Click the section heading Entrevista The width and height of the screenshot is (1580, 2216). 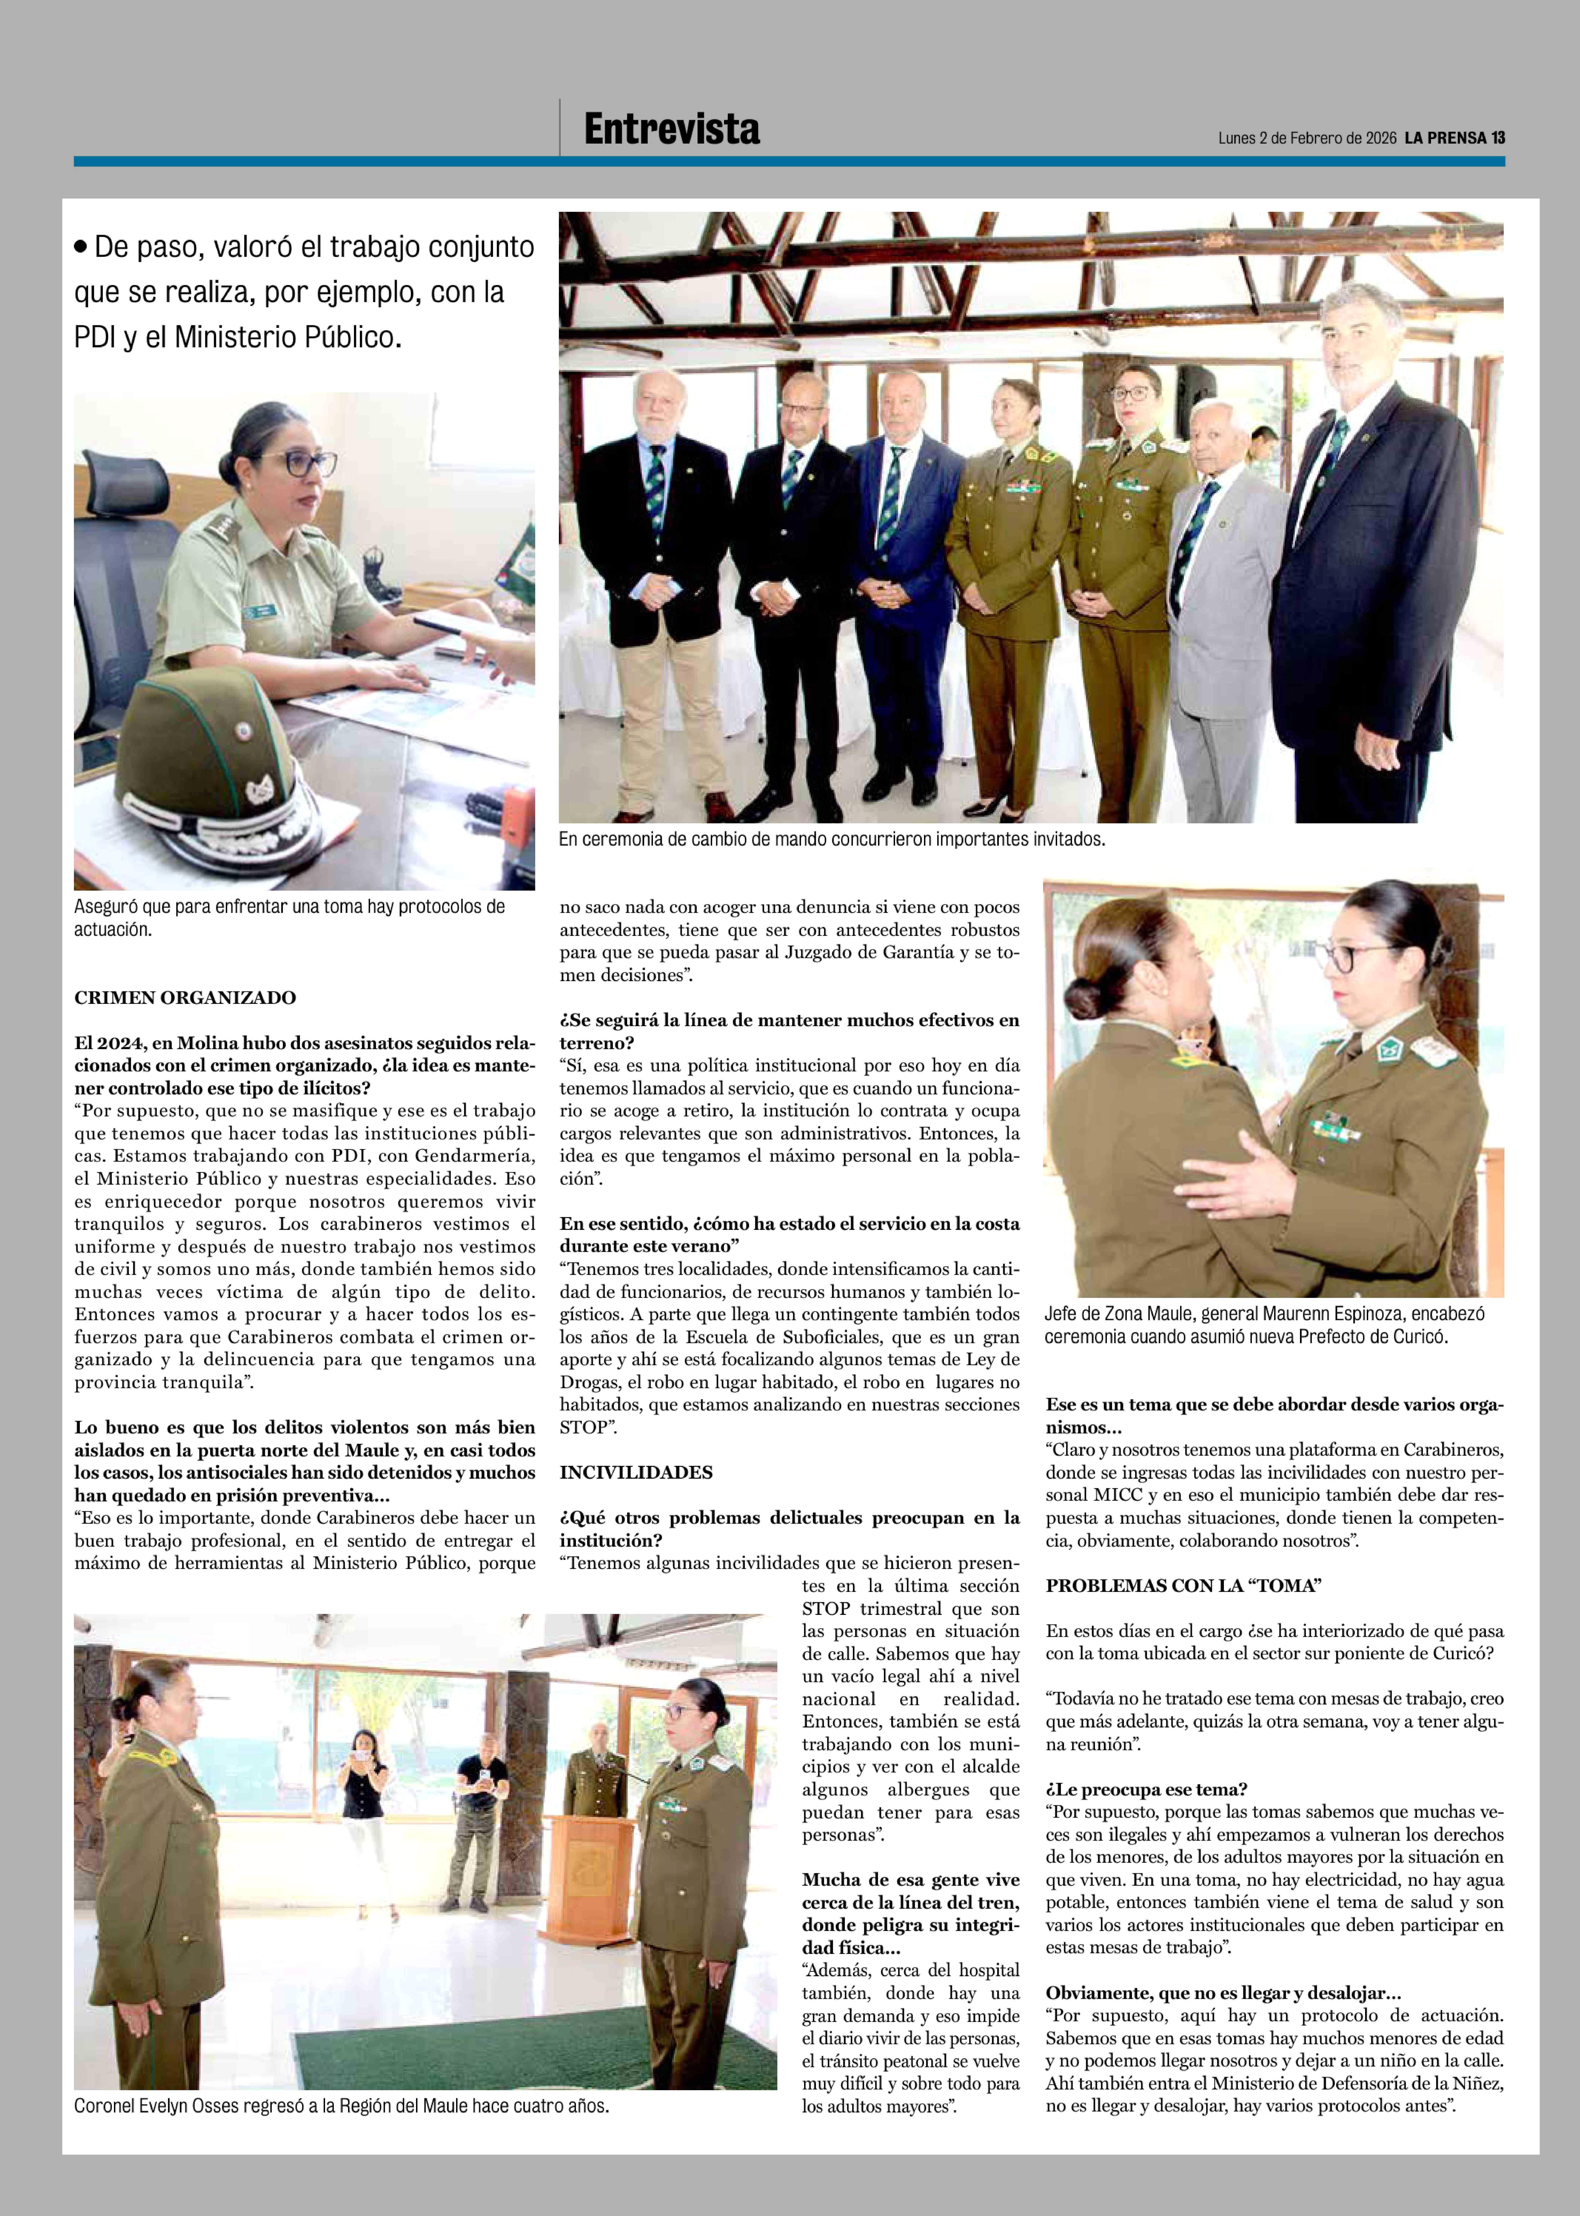point(671,129)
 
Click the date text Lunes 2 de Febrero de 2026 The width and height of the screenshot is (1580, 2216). point(1307,138)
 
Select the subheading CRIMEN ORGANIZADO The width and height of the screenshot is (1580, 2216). point(185,997)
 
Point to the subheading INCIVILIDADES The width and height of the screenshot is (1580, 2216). point(635,1472)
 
